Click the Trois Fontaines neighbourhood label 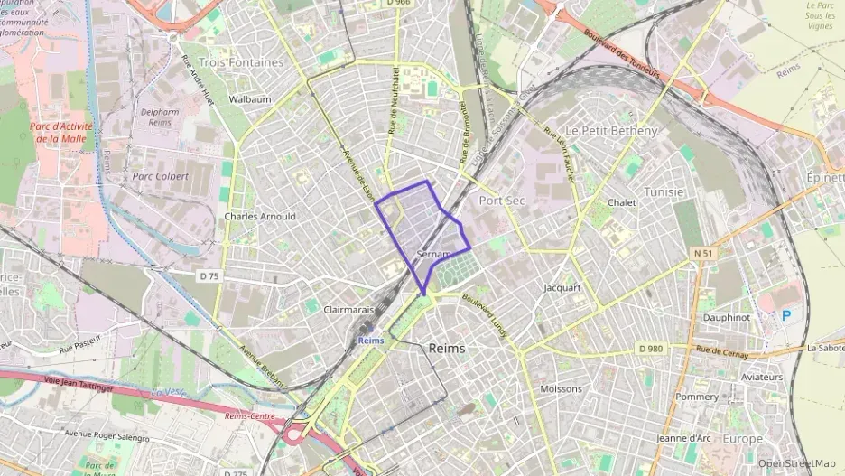(x=241, y=62)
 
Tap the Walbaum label (x=250, y=98)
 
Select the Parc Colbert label (x=160, y=176)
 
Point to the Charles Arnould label (x=259, y=217)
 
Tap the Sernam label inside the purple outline (x=435, y=256)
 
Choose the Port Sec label (x=502, y=200)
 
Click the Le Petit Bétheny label (x=611, y=131)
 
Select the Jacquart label (x=562, y=288)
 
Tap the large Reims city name (x=447, y=348)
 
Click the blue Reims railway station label (x=370, y=341)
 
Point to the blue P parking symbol (x=785, y=315)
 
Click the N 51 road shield (x=702, y=254)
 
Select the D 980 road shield (x=650, y=348)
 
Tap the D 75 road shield (x=209, y=274)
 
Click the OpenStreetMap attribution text (x=796, y=463)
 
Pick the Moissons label (x=561, y=389)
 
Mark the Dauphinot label (x=726, y=318)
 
